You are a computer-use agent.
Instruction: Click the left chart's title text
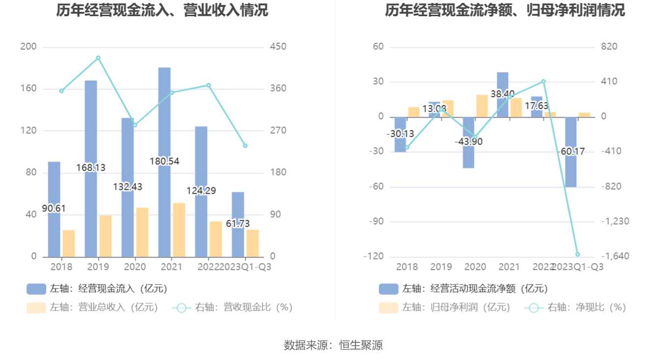(162, 10)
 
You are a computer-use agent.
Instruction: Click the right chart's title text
(505, 10)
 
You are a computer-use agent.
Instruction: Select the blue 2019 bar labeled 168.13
(91, 123)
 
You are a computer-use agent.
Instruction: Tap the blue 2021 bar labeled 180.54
(164, 123)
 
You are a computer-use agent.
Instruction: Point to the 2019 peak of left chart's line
(98, 58)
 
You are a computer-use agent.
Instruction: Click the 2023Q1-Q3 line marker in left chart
(245, 146)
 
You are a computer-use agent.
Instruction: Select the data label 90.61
(54, 208)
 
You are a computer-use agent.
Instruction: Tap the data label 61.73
(238, 224)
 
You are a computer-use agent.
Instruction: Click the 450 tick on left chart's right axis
(278, 47)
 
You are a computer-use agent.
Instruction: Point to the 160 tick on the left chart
(28, 89)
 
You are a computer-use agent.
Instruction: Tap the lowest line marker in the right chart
(577, 255)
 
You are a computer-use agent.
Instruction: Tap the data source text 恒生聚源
(361, 345)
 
